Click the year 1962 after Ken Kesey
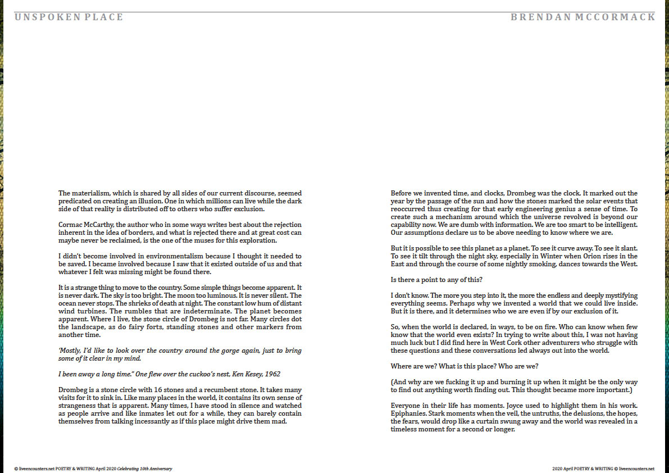pos(272,374)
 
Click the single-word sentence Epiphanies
pos(408,413)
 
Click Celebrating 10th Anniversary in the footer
pos(145,468)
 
